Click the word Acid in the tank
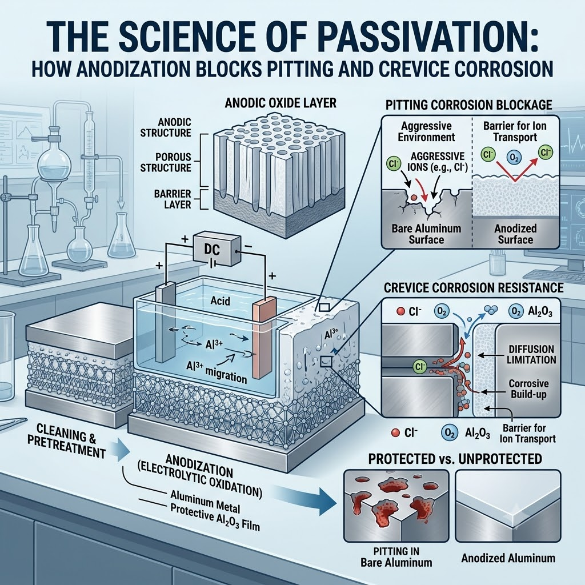(x=220, y=300)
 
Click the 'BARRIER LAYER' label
(x=173, y=199)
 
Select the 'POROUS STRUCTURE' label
(x=166, y=162)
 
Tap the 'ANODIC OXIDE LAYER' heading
(x=281, y=103)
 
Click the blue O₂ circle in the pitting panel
(x=513, y=158)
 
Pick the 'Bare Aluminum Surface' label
(x=426, y=234)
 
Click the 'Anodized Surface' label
(x=515, y=234)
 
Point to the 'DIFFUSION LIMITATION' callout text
(x=532, y=354)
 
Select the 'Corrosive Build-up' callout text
(x=528, y=388)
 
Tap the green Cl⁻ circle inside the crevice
(x=420, y=367)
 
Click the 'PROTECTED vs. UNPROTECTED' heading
(x=455, y=459)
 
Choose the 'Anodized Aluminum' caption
(x=508, y=558)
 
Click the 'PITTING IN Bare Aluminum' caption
(x=396, y=556)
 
